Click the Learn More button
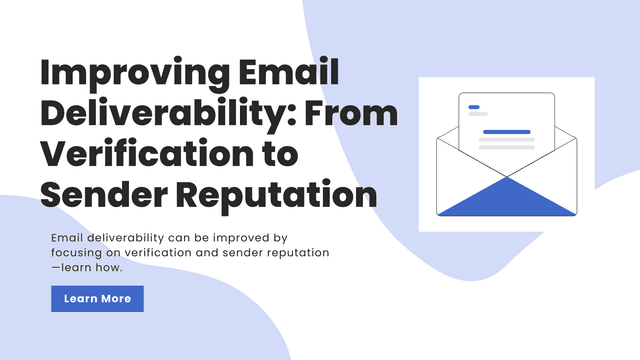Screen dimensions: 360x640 pyautogui.click(x=97, y=298)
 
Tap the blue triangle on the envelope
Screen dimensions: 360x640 pyautogui.click(x=507, y=197)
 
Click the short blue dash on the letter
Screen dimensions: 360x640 pyautogui.click(x=473, y=107)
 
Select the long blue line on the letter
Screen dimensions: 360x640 pyautogui.click(x=506, y=131)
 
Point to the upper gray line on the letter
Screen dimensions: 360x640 pyautogui.click(x=506, y=140)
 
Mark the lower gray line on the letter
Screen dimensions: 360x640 pyautogui.click(x=506, y=148)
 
